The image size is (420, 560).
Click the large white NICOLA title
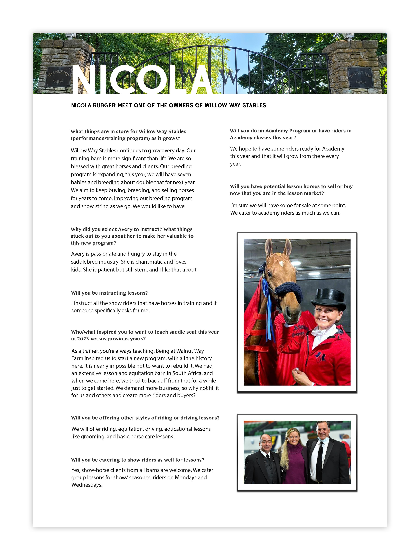142,80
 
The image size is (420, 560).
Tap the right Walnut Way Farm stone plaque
360,78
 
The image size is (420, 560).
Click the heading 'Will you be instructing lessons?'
109,293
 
